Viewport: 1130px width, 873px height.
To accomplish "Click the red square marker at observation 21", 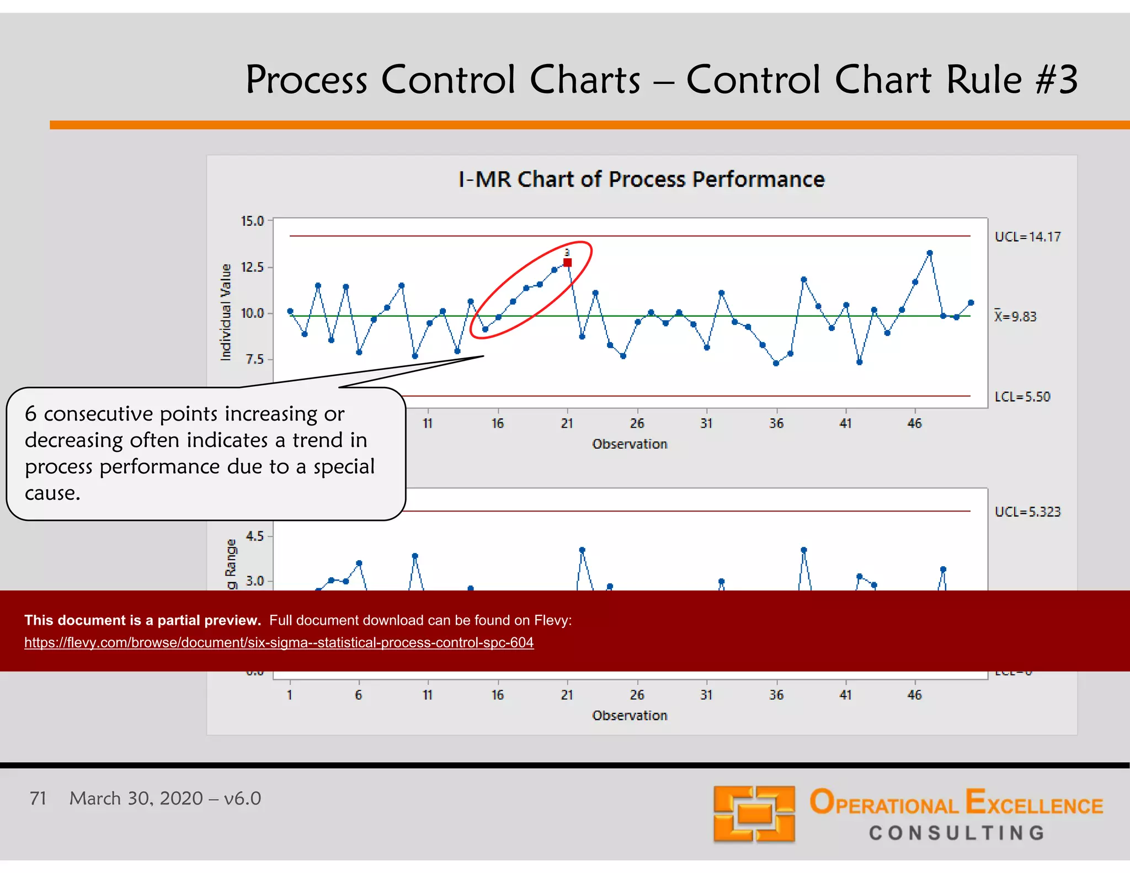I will tap(567, 263).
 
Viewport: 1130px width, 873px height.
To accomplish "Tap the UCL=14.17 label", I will tap(1027, 237).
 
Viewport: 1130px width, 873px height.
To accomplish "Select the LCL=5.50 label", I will tap(1022, 397).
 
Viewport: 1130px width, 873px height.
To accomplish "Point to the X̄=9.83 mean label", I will tap(1015, 317).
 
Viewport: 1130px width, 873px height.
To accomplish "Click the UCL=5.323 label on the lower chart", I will tap(1027, 512).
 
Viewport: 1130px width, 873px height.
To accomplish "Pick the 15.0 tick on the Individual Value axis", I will tap(252, 221).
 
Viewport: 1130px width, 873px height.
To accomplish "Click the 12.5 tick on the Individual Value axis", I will tap(252, 268).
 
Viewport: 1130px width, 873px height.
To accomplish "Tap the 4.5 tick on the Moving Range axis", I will tap(254, 536).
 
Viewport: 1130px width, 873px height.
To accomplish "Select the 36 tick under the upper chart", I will tap(776, 423).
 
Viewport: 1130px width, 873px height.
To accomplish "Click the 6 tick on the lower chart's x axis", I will tap(359, 695).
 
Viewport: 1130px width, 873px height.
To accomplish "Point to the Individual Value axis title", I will tap(226, 312).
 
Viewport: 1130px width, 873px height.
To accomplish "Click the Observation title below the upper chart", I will tap(630, 444).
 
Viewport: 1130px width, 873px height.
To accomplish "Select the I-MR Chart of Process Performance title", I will tap(641, 179).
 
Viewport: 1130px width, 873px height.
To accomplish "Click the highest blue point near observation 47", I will tap(930, 253).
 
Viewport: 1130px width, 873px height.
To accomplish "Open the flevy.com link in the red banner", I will tap(279, 643).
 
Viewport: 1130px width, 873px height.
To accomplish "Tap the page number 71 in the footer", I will tap(38, 799).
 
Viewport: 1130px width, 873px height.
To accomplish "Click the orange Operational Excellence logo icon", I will tap(754, 814).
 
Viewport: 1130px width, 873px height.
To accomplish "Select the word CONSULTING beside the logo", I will tap(957, 833).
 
